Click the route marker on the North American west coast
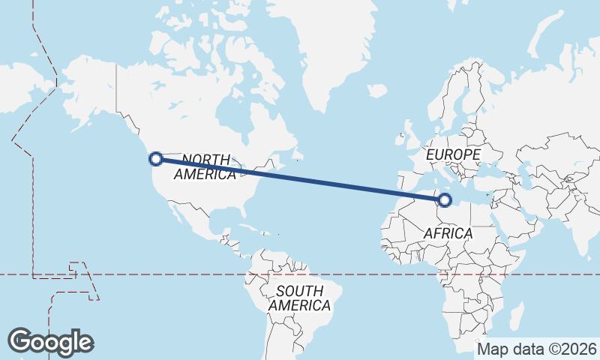point(156,158)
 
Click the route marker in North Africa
point(445,199)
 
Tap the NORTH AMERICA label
point(205,166)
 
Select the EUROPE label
point(453,154)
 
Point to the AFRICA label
point(448,233)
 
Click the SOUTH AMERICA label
point(299,298)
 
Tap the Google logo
point(50,342)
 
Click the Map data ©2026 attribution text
point(537,349)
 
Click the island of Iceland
point(376,91)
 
